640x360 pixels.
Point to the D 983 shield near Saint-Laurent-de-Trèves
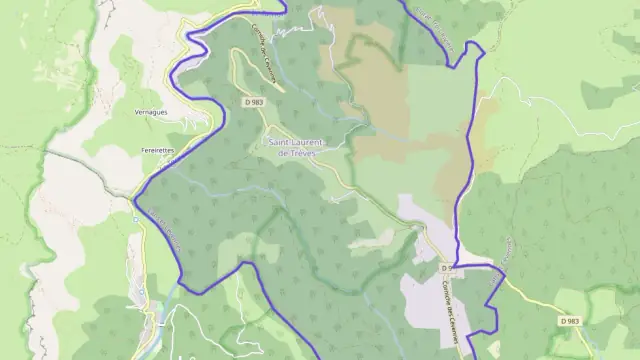[x=252, y=102]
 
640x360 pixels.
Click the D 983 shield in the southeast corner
[x=569, y=320]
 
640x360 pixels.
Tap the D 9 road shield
[x=449, y=269]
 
